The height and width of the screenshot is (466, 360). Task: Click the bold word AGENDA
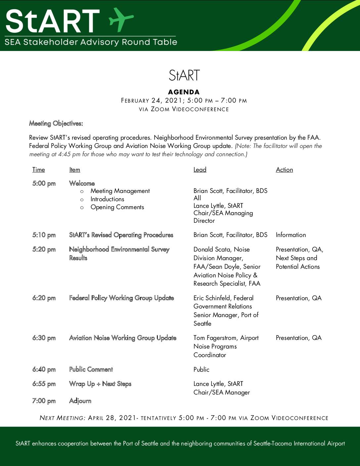tap(184, 92)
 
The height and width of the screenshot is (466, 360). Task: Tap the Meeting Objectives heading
tap(56, 123)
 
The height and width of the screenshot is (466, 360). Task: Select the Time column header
tap(38, 170)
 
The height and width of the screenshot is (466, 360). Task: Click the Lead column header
tap(200, 170)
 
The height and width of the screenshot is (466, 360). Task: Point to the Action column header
tap(284, 170)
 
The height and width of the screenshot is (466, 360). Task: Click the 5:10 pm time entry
tap(44, 235)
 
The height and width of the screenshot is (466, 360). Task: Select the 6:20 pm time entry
tap(44, 298)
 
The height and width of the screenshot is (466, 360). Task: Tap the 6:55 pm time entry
tap(44, 384)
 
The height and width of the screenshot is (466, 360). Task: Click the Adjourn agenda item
tap(80, 401)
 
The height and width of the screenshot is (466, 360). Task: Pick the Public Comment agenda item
tap(91, 369)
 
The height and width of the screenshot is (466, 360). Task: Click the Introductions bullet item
tap(107, 199)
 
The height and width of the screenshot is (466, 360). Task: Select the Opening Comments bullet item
tap(117, 207)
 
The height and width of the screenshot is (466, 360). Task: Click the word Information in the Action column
tap(291, 235)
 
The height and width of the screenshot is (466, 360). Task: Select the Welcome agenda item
tap(82, 183)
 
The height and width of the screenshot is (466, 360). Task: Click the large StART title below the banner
tap(184, 75)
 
